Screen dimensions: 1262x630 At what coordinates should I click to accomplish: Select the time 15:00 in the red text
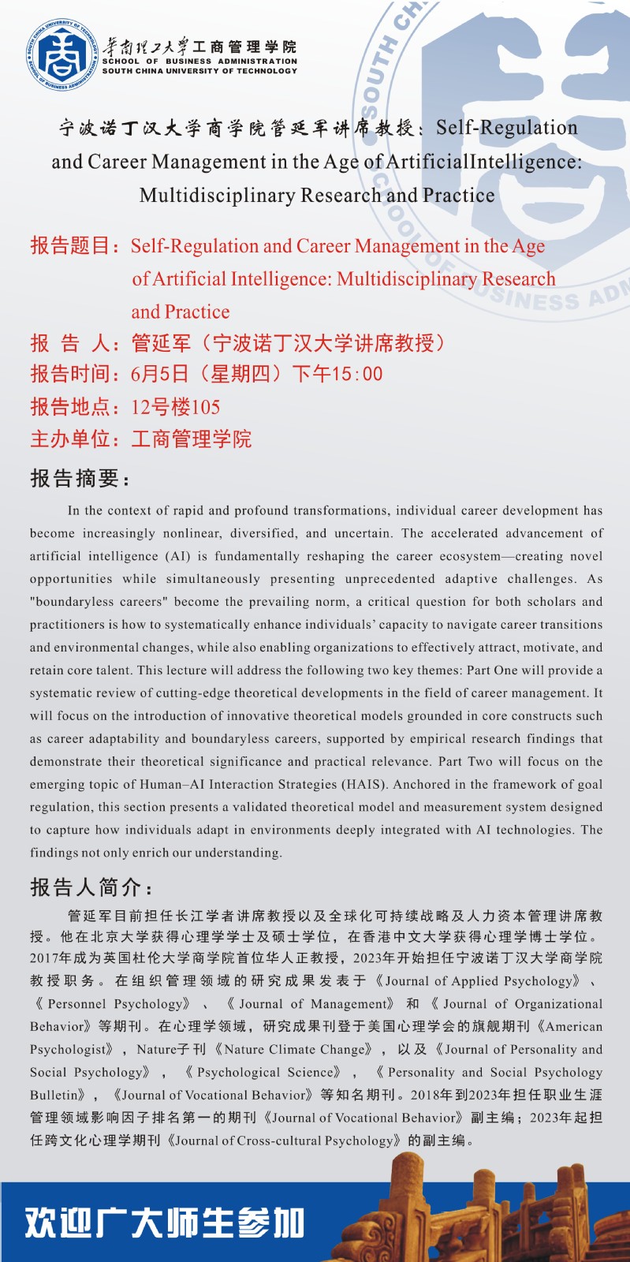click(360, 374)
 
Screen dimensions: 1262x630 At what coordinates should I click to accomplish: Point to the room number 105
click(205, 407)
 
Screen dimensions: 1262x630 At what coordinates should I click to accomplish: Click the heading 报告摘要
click(79, 478)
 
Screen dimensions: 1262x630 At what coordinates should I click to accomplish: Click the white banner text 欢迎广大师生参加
click(164, 1223)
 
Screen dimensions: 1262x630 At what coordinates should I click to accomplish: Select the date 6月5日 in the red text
click(160, 374)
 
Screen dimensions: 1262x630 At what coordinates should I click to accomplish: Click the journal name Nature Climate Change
click(298, 1050)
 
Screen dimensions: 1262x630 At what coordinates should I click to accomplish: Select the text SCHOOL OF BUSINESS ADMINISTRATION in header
click(199, 61)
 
